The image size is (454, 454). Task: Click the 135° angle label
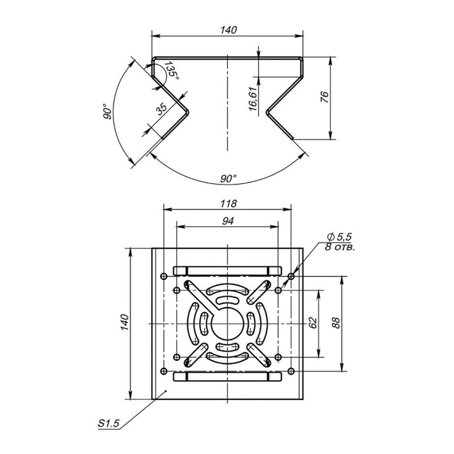pyautogui.click(x=171, y=72)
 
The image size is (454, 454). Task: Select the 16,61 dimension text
pyautogui.click(x=253, y=99)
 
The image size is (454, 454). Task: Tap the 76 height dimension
pyautogui.click(x=325, y=97)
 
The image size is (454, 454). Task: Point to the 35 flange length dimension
pyautogui.click(x=162, y=109)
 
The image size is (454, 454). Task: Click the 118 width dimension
pyautogui.click(x=229, y=204)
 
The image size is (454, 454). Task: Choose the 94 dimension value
pyautogui.click(x=228, y=221)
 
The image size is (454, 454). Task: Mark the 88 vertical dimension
pyautogui.click(x=335, y=323)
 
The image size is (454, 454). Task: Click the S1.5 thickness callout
pyautogui.click(x=108, y=423)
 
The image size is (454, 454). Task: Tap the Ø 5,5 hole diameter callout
pyautogui.click(x=339, y=237)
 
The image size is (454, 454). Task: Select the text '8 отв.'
pyautogui.click(x=340, y=247)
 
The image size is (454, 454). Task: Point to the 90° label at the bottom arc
pyautogui.click(x=229, y=179)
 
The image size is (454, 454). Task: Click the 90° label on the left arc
pyautogui.click(x=107, y=111)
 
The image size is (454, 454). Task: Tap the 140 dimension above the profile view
pyautogui.click(x=229, y=30)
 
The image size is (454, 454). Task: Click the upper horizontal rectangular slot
pyautogui.click(x=228, y=271)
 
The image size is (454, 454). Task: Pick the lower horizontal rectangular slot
pyautogui.click(x=228, y=376)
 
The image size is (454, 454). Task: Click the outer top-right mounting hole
pyautogui.click(x=291, y=276)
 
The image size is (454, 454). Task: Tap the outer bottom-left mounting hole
pyautogui.click(x=164, y=371)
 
